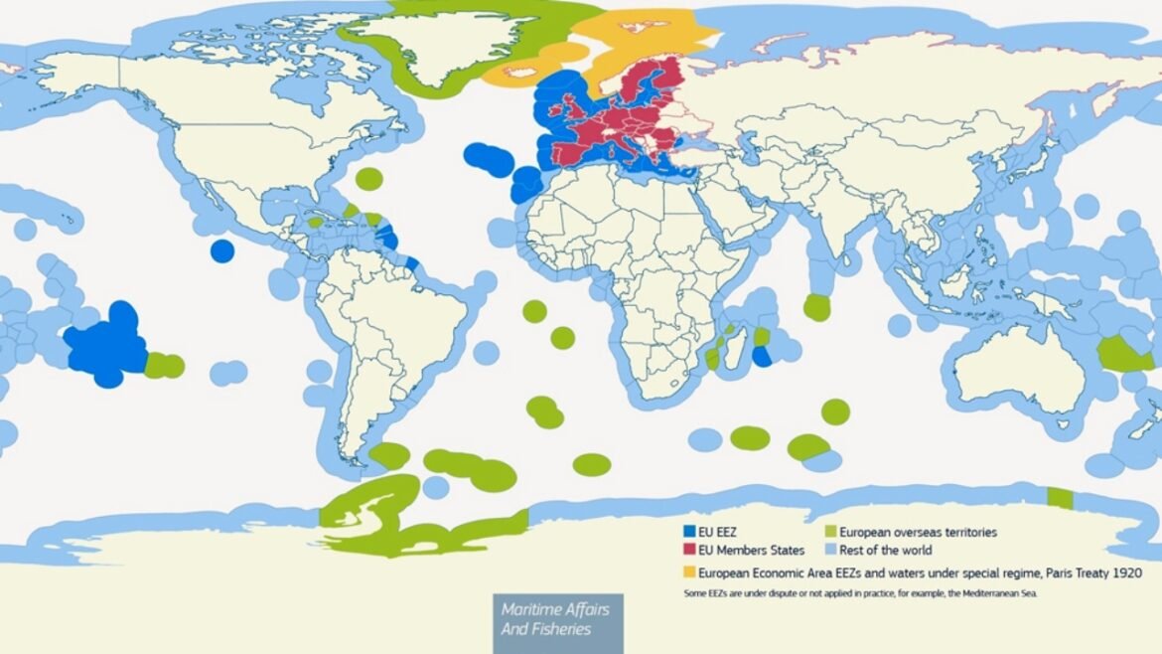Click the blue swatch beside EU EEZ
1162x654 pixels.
click(688, 532)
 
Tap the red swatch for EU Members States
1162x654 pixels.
click(688, 550)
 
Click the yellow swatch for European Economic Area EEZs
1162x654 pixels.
click(688, 572)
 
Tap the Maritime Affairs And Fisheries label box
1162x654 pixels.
click(557, 619)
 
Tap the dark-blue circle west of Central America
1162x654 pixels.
click(221, 250)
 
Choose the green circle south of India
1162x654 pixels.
click(816, 307)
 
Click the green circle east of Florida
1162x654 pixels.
click(368, 179)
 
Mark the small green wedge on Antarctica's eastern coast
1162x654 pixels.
click(1060, 498)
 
